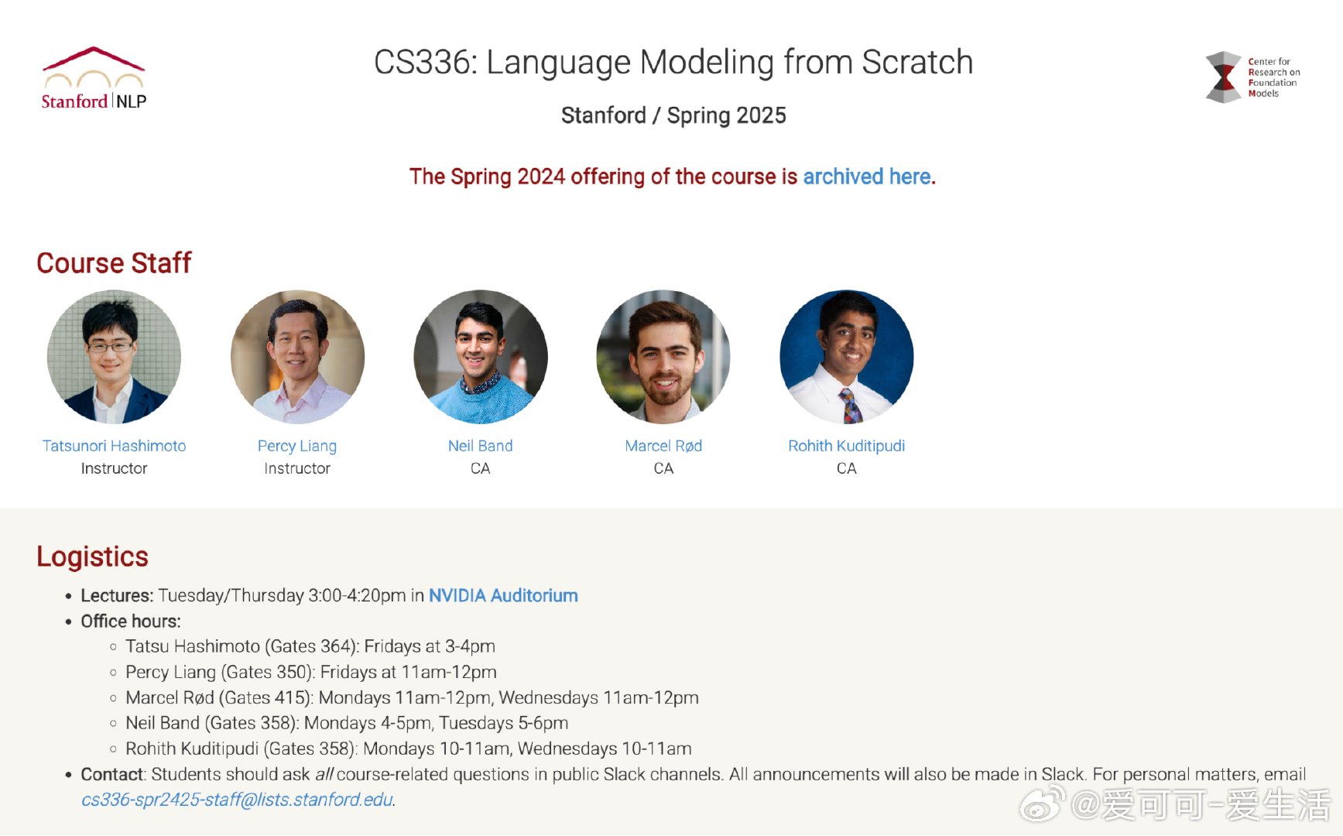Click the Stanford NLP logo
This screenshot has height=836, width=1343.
[94, 78]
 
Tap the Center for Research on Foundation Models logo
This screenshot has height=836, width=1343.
[1252, 77]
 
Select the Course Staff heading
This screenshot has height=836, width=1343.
[114, 263]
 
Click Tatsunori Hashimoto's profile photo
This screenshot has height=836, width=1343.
[114, 357]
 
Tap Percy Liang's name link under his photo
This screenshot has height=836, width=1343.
[297, 446]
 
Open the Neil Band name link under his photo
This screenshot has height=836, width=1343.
[480, 446]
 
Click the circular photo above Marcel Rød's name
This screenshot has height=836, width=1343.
[663, 357]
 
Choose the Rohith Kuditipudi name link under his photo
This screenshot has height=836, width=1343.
[846, 446]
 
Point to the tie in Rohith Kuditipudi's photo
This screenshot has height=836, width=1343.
[851, 406]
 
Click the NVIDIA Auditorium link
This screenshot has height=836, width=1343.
[503, 595]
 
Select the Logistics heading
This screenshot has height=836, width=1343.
[92, 557]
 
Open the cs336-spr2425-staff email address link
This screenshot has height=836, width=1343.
[237, 800]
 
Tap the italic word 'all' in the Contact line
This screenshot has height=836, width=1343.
[324, 774]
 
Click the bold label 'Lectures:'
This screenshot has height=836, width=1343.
[117, 595]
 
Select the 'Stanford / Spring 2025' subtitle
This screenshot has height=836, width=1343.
[673, 115]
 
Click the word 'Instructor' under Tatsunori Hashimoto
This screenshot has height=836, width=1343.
[114, 468]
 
